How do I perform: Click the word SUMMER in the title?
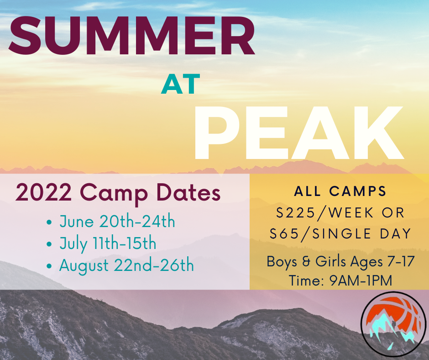click(132, 35)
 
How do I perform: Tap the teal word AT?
click(180, 84)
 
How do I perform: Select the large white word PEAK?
click(299, 133)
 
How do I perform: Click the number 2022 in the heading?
click(44, 192)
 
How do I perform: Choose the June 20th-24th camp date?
click(117, 222)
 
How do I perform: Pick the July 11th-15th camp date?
click(108, 244)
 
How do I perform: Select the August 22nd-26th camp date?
click(127, 266)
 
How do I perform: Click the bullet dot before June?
click(49, 222)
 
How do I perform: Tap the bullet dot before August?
click(49, 266)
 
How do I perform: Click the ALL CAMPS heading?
click(340, 191)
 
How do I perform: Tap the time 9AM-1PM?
click(361, 280)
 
